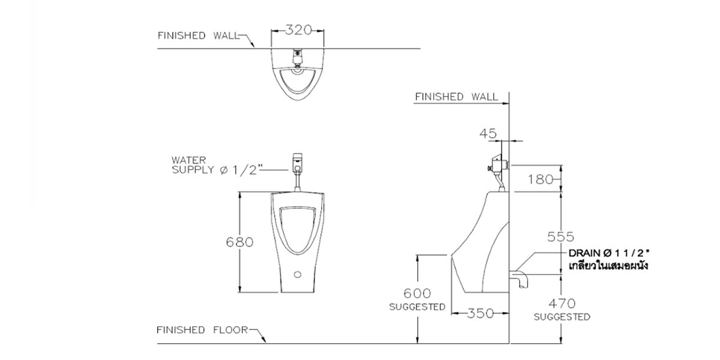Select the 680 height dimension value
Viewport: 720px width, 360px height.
[x=239, y=242]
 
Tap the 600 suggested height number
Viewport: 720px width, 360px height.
[x=417, y=293]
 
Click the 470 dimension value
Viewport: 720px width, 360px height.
[x=560, y=303]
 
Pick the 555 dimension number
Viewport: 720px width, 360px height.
[x=560, y=236]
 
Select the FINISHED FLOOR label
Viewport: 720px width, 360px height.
[x=202, y=330]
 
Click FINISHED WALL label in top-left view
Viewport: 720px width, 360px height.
[x=198, y=35]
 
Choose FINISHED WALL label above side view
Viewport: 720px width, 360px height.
[x=456, y=96]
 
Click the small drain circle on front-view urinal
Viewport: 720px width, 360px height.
[x=297, y=276]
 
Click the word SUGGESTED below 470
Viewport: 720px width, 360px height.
[x=560, y=317]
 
